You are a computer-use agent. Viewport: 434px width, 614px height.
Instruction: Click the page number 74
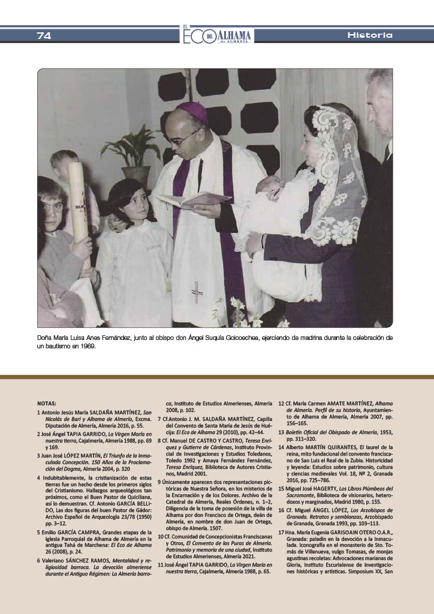click(x=44, y=35)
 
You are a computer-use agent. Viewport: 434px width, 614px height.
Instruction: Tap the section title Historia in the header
click(x=370, y=35)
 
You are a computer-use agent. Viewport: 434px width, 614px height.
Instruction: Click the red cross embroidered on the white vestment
click(x=197, y=291)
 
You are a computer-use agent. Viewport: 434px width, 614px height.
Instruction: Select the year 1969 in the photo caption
click(x=86, y=347)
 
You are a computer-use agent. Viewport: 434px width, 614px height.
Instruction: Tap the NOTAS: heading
click(x=47, y=404)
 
